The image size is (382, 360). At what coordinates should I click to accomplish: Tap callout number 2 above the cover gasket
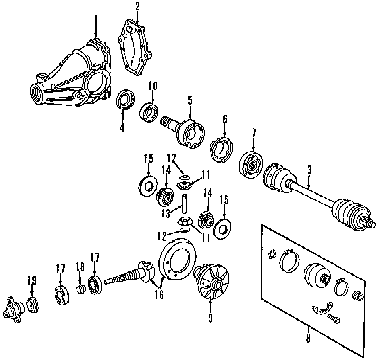click(x=137, y=7)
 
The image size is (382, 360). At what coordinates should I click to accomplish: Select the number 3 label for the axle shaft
click(x=309, y=170)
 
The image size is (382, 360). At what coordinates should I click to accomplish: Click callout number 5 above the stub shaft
click(x=190, y=101)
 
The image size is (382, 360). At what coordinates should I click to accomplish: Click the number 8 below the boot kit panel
click(x=308, y=338)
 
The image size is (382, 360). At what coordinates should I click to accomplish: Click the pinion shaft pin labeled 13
click(x=185, y=204)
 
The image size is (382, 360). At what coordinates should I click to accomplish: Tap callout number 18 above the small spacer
click(x=80, y=267)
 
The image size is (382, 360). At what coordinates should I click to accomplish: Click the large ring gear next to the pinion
click(x=176, y=258)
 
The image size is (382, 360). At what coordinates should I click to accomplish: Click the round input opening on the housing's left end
click(x=36, y=93)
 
